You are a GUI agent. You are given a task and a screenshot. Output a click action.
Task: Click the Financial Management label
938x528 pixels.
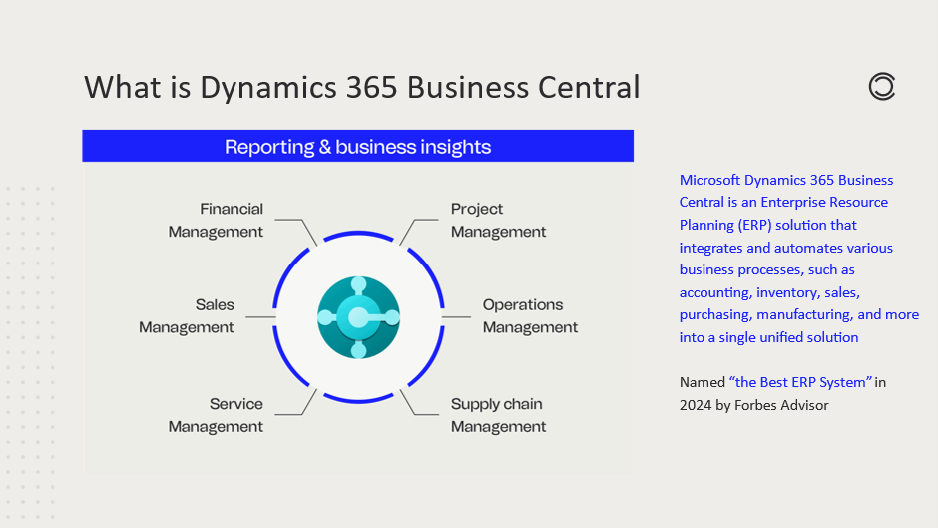216,221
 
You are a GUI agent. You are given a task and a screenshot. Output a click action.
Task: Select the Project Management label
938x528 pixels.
498,221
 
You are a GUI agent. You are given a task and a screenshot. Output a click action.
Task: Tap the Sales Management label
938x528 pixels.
187,316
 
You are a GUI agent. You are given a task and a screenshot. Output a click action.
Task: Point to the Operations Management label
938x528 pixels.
530,316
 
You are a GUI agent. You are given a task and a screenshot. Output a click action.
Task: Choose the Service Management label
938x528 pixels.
216,415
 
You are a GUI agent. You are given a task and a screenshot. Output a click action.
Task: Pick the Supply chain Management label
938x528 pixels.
498,415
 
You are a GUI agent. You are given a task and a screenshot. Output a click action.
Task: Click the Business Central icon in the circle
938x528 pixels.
358,317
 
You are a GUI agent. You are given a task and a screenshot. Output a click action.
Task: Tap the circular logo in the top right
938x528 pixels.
882,88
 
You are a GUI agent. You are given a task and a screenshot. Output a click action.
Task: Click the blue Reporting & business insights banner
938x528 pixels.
357,147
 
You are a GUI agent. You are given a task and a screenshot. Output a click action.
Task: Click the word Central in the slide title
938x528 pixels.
589,88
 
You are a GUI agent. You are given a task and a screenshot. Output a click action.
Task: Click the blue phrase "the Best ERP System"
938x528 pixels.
801,382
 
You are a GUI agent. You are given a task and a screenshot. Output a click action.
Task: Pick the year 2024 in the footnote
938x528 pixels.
696,405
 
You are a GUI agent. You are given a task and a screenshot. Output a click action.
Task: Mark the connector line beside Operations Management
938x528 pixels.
456,317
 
